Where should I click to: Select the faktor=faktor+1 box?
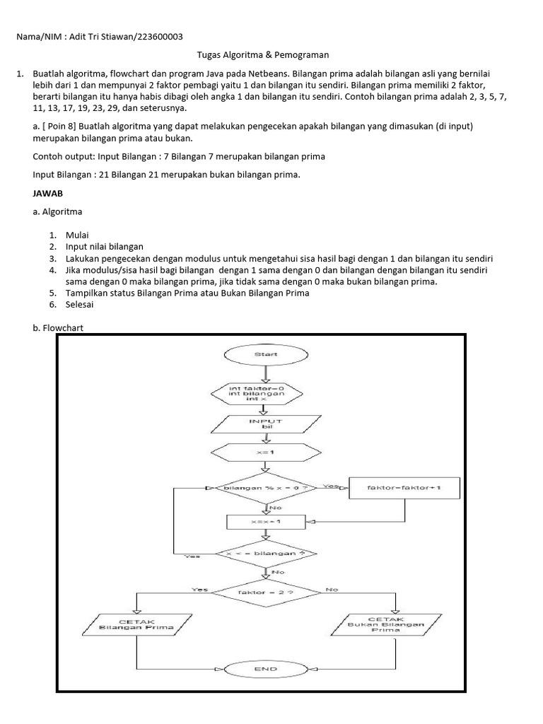coord(404,488)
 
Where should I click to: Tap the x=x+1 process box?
coord(266,521)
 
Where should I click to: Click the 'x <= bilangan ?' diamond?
coord(266,554)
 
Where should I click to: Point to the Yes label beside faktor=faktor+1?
coord(330,486)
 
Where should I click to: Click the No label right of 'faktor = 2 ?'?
coord(331,588)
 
